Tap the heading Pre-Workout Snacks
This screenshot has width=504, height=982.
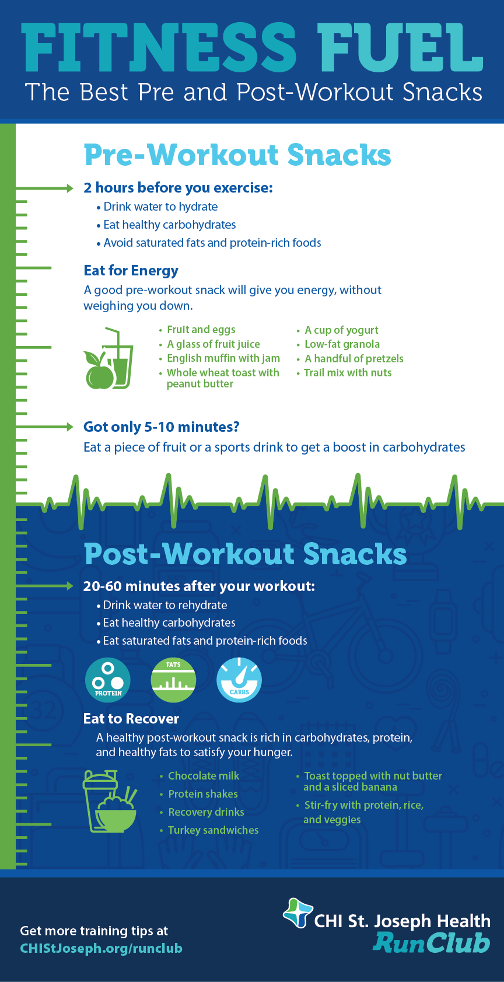pyautogui.click(x=237, y=155)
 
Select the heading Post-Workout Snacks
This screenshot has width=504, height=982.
pyautogui.click(x=245, y=554)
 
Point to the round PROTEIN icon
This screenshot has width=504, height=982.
pyautogui.click(x=108, y=680)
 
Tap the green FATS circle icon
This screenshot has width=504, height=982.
pyautogui.click(x=173, y=680)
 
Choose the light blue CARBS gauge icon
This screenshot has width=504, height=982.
pyautogui.click(x=239, y=680)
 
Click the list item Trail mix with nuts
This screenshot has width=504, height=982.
pyautogui.click(x=344, y=373)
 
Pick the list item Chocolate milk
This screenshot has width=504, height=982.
pyautogui.click(x=200, y=775)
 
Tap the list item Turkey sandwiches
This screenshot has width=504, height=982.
pyautogui.click(x=209, y=830)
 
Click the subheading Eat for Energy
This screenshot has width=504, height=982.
pyautogui.click(x=131, y=271)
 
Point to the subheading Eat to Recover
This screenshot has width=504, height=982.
pyautogui.click(x=131, y=718)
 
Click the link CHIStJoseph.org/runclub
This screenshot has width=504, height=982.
pyautogui.click(x=101, y=948)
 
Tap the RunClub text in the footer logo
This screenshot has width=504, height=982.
pyautogui.click(x=432, y=942)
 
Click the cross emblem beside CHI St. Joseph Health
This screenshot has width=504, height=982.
pyautogui.click(x=298, y=913)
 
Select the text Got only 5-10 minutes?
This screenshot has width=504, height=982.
pyautogui.click(x=161, y=427)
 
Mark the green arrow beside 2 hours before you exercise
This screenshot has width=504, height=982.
pyautogui.click(x=44, y=188)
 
